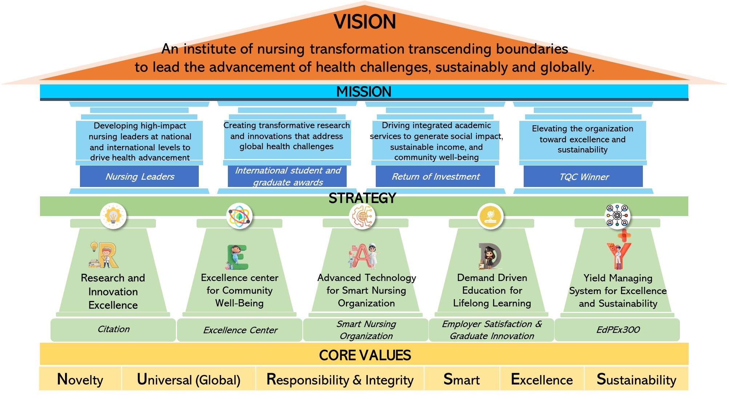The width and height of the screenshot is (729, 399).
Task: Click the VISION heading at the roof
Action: coord(364,22)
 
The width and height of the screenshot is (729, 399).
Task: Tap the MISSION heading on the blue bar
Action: coord(364,91)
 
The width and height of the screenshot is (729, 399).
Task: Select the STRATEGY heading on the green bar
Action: coord(362,198)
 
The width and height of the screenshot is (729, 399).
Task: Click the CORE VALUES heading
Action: coord(365,355)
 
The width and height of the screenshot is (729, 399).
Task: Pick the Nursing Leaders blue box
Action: coord(139,176)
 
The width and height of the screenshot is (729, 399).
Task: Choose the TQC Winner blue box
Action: coord(583,176)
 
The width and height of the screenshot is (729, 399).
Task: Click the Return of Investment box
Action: coord(435,176)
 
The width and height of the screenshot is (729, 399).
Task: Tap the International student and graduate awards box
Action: coord(287,176)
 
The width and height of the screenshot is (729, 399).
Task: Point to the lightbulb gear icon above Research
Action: coord(113,216)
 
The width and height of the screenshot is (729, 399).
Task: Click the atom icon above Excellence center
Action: coord(239,216)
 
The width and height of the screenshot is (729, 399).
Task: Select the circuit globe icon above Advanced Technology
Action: coord(362,216)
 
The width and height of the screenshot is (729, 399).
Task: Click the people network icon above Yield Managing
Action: coord(617,216)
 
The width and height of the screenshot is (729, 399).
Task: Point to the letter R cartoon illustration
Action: coord(104,255)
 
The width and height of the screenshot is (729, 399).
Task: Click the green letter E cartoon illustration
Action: coord(237,257)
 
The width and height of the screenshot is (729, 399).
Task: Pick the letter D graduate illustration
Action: coord(490,256)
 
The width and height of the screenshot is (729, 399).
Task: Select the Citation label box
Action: coord(113,330)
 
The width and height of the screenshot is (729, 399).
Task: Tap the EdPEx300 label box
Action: coord(617,330)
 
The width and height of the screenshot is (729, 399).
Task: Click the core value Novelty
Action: coord(80,379)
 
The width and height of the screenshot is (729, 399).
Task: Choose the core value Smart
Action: coord(462,379)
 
